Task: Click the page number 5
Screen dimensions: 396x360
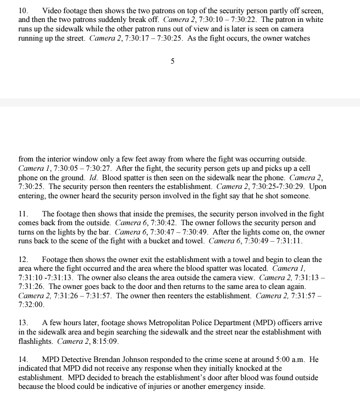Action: coord(173,62)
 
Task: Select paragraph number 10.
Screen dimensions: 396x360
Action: coord(23,11)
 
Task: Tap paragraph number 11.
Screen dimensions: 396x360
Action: coord(23,214)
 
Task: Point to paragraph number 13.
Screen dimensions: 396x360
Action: coord(23,322)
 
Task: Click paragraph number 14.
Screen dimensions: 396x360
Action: coord(23,359)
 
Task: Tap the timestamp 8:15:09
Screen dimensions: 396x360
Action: coord(103,341)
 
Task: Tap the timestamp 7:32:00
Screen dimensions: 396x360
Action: coord(31,304)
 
